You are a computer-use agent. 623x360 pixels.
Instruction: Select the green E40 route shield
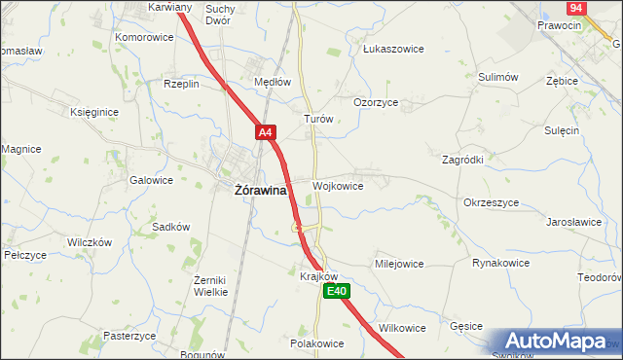[336, 291]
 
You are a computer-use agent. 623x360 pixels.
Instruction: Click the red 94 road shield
[576, 8]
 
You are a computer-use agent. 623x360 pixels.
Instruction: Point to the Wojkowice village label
[339, 186]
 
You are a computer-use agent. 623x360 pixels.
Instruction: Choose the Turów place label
[319, 119]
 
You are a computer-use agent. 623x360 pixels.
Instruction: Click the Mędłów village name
[273, 83]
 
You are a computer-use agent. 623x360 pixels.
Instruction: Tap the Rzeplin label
[182, 84]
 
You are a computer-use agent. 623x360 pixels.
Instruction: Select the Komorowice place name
[144, 37]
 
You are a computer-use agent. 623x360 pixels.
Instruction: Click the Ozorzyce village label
[375, 102]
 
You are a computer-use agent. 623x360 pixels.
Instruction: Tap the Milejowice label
[399, 264]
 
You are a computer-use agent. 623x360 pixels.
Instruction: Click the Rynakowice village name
[500, 263]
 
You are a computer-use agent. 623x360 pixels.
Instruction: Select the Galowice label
[151, 180]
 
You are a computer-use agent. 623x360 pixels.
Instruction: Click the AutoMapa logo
[557, 342]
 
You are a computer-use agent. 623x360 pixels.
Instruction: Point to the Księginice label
[94, 112]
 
